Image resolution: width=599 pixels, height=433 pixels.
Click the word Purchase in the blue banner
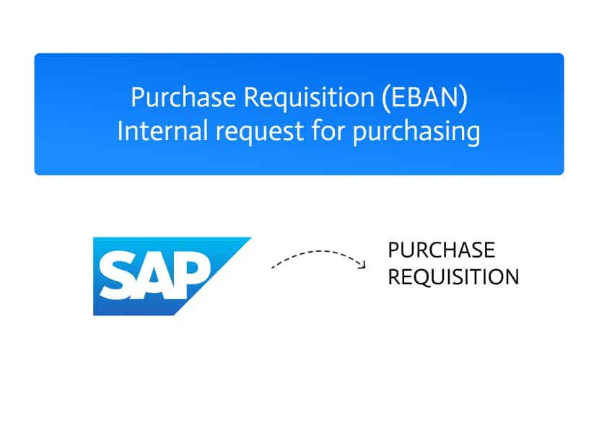pos(183,97)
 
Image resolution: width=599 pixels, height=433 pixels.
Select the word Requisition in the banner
pos(309,97)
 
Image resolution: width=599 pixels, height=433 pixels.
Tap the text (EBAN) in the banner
pos(424,98)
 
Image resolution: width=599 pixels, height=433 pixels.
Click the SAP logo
pos(172,276)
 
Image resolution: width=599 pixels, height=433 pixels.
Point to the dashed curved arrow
pos(318,251)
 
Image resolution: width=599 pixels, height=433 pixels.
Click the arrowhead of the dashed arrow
pos(362,265)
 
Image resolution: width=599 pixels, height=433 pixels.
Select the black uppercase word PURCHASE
pos(442,250)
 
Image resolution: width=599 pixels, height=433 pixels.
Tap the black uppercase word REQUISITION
pos(453,277)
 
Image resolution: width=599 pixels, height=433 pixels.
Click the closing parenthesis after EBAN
pos(463,99)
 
